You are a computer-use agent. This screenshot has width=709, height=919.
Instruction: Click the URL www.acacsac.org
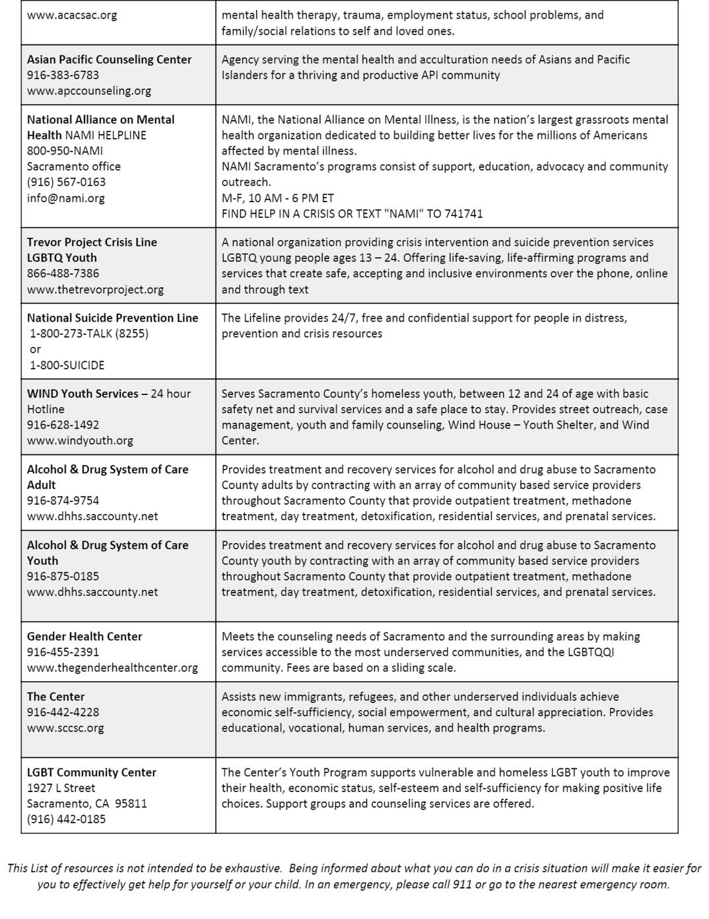point(72,15)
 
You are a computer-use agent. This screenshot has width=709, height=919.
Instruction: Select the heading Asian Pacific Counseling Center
point(109,59)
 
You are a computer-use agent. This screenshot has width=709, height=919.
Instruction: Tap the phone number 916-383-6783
point(63,75)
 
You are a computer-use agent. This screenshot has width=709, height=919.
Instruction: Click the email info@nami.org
point(65,198)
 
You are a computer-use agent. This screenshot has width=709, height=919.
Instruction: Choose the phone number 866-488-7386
point(63,274)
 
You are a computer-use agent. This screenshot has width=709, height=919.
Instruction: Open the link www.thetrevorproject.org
point(95,289)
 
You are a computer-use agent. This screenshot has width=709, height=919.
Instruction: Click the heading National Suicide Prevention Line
point(112,318)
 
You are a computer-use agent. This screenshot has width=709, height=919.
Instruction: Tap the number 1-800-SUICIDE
point(67,365)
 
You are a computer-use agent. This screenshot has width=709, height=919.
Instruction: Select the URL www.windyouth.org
point(80,441)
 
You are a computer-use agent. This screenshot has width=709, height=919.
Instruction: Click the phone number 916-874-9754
point(63,501)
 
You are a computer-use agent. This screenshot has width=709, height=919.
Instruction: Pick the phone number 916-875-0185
point(63,576)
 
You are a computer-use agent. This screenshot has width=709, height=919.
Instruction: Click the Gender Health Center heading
point(84,636)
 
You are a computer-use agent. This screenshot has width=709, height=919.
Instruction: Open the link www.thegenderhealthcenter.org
point(112,668)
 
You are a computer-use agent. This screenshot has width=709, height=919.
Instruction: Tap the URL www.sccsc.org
point(65,728)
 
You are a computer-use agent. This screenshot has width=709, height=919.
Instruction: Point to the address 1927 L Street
point(61,788)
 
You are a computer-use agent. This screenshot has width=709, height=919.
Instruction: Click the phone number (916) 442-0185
point(66,819)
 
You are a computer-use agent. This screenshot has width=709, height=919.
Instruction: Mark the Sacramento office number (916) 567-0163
point(66,182)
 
